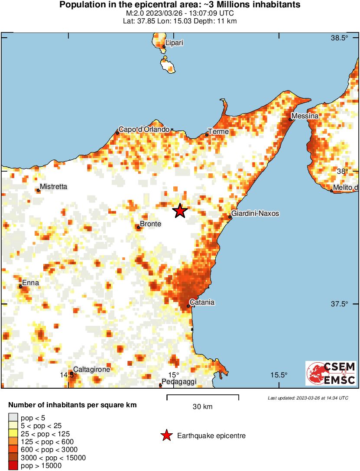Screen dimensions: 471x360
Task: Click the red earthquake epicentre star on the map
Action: pos(180,211)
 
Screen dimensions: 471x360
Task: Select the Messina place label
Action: pos(305,116)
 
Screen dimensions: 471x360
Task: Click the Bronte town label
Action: pos(150,224)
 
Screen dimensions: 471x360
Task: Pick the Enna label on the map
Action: pos(30,283)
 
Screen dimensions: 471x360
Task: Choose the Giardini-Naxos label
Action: pos(255,214)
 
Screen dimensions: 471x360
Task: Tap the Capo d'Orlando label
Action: pos(144,130)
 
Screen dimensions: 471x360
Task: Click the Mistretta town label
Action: pos(53,187)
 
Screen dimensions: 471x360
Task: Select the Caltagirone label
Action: pos(91,370)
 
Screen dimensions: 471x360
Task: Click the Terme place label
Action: pos(218,131)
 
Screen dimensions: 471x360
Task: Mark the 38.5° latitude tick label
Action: pos(340,38)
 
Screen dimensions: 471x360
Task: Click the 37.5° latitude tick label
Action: pos(340,304)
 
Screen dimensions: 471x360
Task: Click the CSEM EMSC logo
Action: pos(331,374)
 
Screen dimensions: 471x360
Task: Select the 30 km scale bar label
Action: pos(202,406)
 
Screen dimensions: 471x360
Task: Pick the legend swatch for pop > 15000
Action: pos(13,466)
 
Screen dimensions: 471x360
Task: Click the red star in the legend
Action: pos(166,436)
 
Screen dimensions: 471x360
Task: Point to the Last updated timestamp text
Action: pos(308,398)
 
